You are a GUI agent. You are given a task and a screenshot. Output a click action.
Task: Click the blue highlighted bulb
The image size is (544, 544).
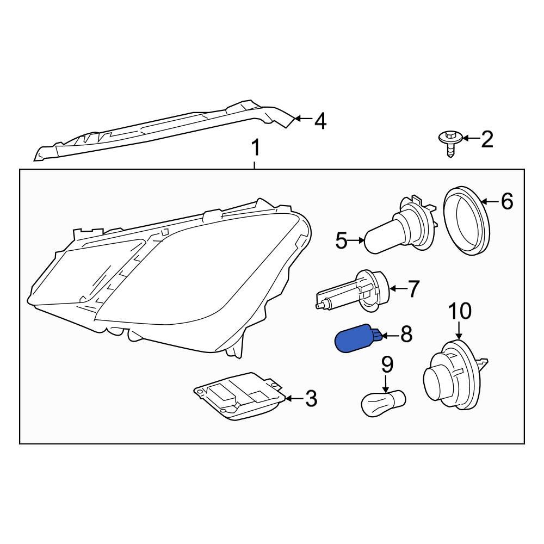pyautogui.click(x=357, y=338)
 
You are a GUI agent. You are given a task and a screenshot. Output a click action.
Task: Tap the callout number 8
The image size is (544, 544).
pyautogui.click(x=406, y=334)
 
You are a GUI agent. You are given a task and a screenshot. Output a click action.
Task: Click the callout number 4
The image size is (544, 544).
pyautogui.click(x=320, y=121)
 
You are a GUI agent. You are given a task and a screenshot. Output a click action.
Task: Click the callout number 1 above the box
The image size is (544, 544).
pyautogui.click(x=255, y=147)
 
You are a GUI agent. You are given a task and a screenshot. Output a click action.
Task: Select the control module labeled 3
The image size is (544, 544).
pyautogui.click(x=240, y=395)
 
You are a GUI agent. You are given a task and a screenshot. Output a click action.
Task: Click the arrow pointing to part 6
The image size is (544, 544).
pyautogui.click(x=490, y=201)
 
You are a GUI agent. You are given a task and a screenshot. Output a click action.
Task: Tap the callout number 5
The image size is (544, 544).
pyautogui.click(x=342, y=240)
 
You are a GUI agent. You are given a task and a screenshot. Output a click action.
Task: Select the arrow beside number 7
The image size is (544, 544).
pyautogui.click(x=398, y=288)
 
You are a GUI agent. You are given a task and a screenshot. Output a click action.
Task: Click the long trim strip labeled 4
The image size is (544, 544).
pyautogui.click(x=164, y=131)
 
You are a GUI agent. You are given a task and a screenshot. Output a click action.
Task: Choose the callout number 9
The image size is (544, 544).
pyautogui.click(x=387, y=364)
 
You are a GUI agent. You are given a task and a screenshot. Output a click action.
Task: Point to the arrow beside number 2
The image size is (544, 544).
pyautogui.click(x=471, y=138)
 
